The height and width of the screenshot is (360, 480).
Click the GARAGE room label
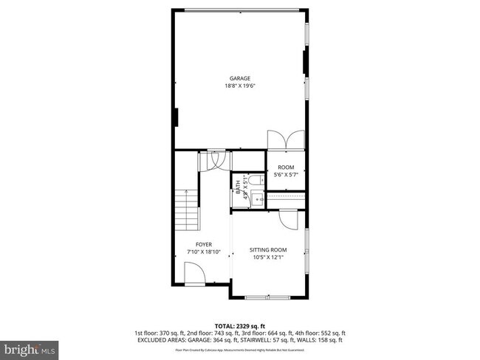[x=239, y=78]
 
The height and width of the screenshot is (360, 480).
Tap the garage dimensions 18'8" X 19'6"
[x=239, y=86]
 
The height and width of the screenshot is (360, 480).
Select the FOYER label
[x=204, y=244]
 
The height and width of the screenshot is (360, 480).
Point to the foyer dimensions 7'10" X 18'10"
[x=204, y=252]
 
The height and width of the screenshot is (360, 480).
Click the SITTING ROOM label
[x=268, y=250]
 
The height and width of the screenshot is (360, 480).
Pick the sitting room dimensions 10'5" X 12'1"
[x=268, y=257]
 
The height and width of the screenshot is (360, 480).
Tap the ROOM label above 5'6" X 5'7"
[x=285, y=167]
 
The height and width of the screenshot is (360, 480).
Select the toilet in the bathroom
[x=253, y=180]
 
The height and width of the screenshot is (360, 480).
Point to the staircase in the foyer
[x=188, y=211]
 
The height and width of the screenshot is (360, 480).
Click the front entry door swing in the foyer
[x=193, y=276]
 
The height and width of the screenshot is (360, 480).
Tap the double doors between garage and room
[x=285, y=140]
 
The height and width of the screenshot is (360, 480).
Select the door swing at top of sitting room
[x=287, y=218]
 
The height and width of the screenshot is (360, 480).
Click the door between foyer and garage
[x=218, y=159]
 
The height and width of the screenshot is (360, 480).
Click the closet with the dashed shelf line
[x=286, y=199]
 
